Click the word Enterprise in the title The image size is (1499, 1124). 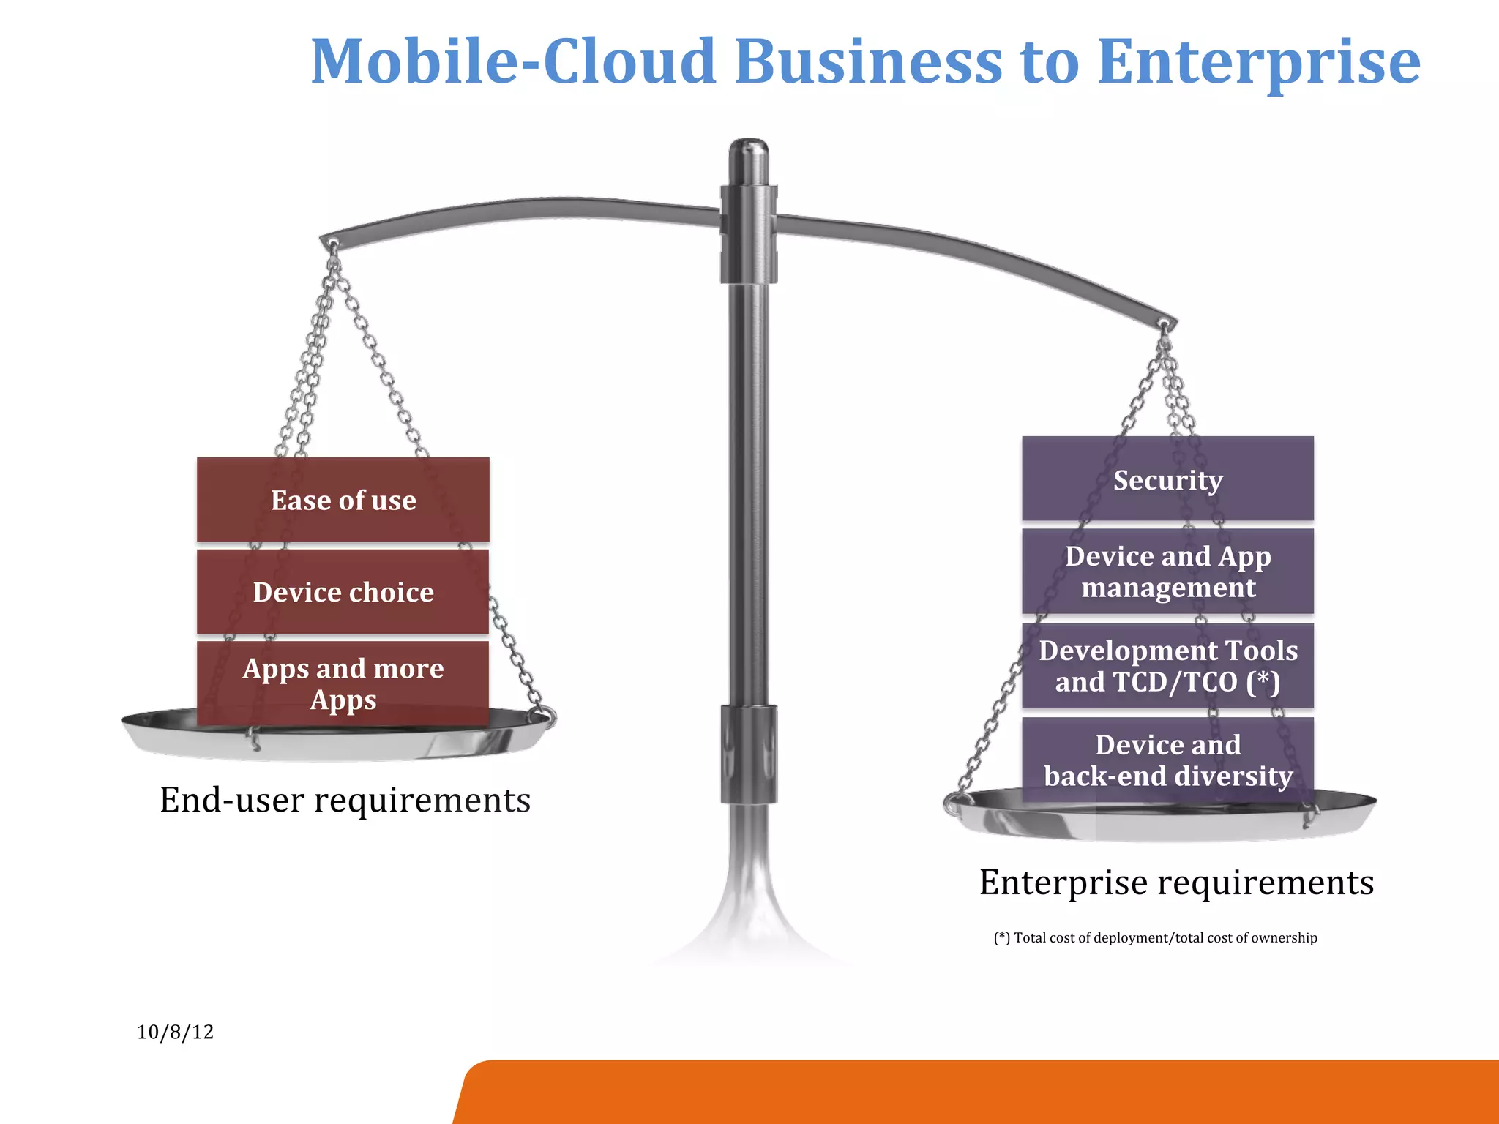(x=1259, y=62)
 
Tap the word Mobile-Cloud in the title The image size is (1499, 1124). (x=512, y=62)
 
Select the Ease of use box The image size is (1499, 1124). (x=343, y=501)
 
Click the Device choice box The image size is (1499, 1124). (x=343, y=592)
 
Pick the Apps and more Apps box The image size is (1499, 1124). (x=343, y=683)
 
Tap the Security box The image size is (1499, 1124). (x=1168, y=479)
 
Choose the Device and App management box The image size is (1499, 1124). (x=1168, y=572)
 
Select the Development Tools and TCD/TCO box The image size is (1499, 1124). (x=1168, y=666)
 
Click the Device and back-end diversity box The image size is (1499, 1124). (x=1168, y=760)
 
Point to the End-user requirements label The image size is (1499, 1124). (x=345, y=800)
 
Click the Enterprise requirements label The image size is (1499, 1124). (x=1176, y=882)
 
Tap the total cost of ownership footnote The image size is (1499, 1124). (x=1156, y=938)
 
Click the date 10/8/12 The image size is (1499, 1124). (x=175, y=1032)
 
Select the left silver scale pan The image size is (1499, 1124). (x=337, y=739)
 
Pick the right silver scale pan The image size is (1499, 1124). (x=1164, y=820)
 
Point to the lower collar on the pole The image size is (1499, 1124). (x=748, y=754)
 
